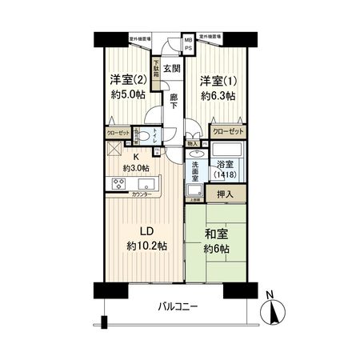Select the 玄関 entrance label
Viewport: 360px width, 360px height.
coord(172,70)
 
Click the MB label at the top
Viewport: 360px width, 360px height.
coord(188,39)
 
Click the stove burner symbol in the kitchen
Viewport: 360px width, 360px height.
coord(118,183)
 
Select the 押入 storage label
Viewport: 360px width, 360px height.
coord(226,195)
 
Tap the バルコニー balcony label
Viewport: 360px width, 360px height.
coord(178,306)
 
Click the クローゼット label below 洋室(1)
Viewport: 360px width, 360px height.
coord(228,130)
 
